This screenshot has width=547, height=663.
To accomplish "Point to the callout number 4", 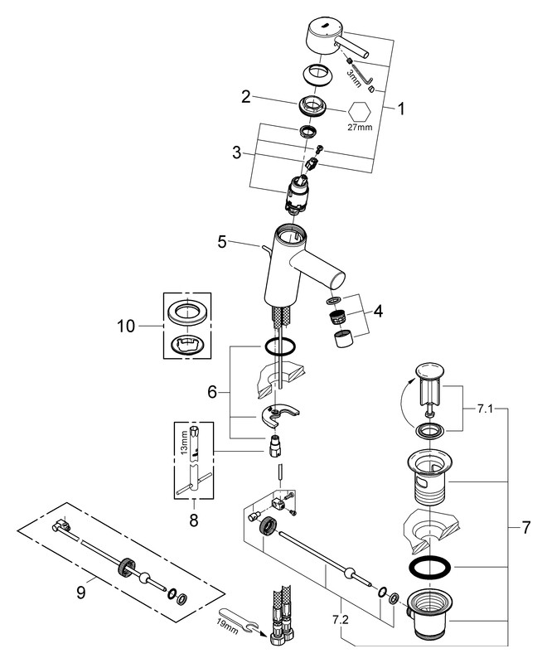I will pos(377,312).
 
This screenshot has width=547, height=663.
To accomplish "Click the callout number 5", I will pos(221,242).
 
